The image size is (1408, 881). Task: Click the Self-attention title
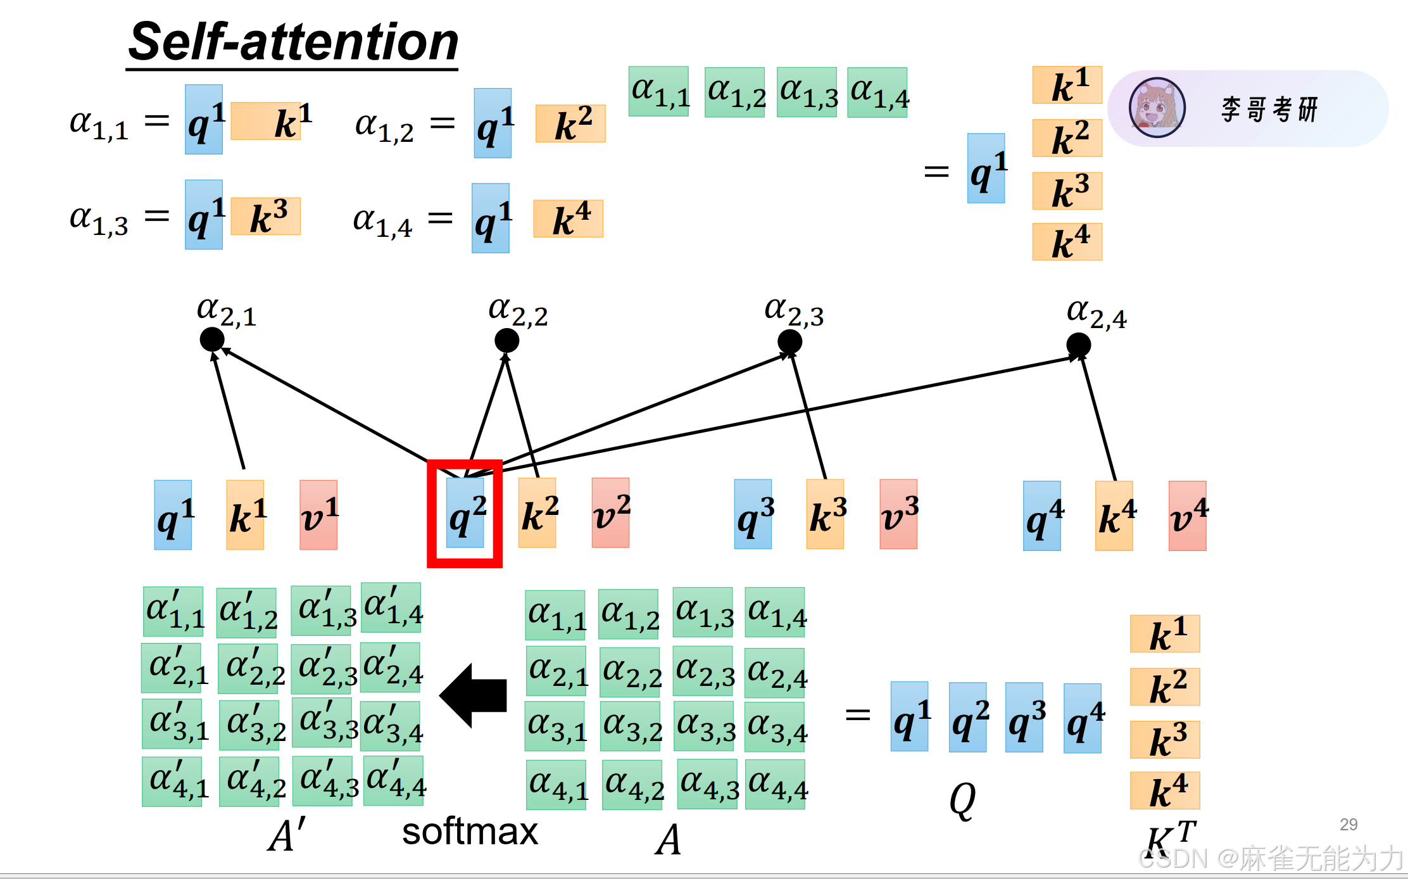click(292, 42)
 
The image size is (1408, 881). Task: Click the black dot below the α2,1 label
click(212, 339)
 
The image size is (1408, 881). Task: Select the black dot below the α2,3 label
click(789, 342)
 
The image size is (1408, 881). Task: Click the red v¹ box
click(318, 515)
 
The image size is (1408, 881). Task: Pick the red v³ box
click(898, 514)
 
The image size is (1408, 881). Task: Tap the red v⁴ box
click(1188, 516)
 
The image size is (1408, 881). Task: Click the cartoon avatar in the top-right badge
click(1157, 108)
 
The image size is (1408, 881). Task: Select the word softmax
click(470, 832)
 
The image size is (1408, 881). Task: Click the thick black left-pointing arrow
click(474, 695)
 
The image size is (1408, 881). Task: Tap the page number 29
click(1348, 824)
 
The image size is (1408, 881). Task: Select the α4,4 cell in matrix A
click(776, 785)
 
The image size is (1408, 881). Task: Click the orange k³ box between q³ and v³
click(825, 514)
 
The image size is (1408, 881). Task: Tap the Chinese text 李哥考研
click(1269, 109)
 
